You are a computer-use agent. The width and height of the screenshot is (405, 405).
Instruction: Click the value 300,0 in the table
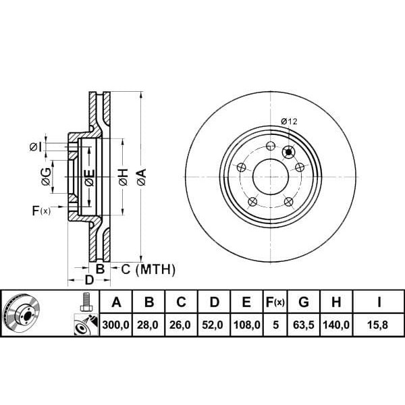117,325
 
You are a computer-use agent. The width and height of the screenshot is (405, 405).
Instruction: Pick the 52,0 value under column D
214,325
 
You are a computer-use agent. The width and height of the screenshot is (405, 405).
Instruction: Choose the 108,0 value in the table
246,325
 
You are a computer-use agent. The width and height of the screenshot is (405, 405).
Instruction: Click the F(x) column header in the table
275,302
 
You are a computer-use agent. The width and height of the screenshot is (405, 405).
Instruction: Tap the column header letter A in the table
117,302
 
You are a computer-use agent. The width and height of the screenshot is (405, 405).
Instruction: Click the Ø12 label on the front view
289,122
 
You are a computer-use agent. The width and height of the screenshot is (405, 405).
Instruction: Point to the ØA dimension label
141,178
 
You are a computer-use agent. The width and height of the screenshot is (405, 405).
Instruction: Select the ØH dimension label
122,178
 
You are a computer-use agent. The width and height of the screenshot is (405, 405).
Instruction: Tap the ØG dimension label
45,177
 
